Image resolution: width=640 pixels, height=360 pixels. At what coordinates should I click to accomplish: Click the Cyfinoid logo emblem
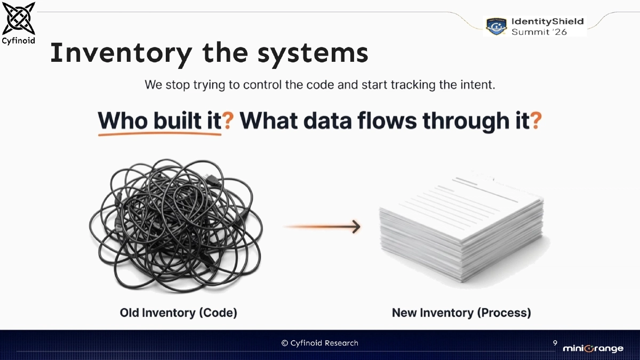pyautogui.click(x=19, y=18)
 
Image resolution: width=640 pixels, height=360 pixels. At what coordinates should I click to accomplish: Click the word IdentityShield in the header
pyautogui.click(x=547, y=21)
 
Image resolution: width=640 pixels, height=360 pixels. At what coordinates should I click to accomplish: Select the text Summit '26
pyautogui.click(x=539, y=32)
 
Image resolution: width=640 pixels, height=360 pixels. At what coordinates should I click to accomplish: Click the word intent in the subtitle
pyautogui.click(x=478, y=85)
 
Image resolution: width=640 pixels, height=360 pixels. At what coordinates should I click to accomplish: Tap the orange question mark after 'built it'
pyautogui.click(x=228, y=121)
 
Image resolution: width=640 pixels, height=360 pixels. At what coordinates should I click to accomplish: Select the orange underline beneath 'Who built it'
pyautogui.click(x=159, y=134)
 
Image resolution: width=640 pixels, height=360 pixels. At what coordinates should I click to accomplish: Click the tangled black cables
pyautogui.click(x=176, y=227)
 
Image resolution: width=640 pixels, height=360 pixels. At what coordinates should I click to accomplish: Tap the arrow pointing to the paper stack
pyautogui.click(x=322, y=227)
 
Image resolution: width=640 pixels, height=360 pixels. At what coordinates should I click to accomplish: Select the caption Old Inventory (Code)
pyautogui.click(x=178, y=313)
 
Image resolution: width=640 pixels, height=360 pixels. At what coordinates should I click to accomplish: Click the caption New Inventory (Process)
pyautogui.click(x=461, y=313)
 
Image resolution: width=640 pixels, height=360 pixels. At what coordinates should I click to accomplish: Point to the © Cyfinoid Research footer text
pyautogui.click(x=320, y=343)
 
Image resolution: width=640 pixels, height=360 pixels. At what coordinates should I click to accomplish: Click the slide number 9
pyautogui.click(x=555, y=342)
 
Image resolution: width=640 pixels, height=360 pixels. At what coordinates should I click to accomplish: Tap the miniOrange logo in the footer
pyautogui.click(x=593, y=349)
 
